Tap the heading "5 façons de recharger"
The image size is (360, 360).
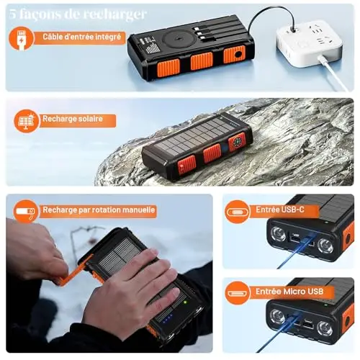click(78, 14)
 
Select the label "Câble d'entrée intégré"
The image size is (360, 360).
click(82, 37)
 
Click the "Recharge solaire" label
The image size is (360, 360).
click(73, 119)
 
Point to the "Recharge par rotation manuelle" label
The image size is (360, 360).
click(99, 210)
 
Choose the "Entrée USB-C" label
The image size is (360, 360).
click(280, 210)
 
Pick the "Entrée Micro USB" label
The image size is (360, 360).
click(289, 292)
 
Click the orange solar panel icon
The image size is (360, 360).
click(26, 121)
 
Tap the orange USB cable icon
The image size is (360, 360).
click(22, 38)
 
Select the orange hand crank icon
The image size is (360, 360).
click(25, 212)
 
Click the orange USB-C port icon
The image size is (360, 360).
click(237, 212)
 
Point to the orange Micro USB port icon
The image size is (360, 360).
click(237, 293)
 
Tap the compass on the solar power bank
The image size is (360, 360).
click(237, 142)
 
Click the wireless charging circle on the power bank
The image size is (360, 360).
click(178, 38)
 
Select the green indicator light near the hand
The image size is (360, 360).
click(185, 302)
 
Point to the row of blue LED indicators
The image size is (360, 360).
click(167, 318)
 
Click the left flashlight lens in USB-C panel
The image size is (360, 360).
click(278, 234)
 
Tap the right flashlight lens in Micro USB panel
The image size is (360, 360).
click(325, 328)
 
